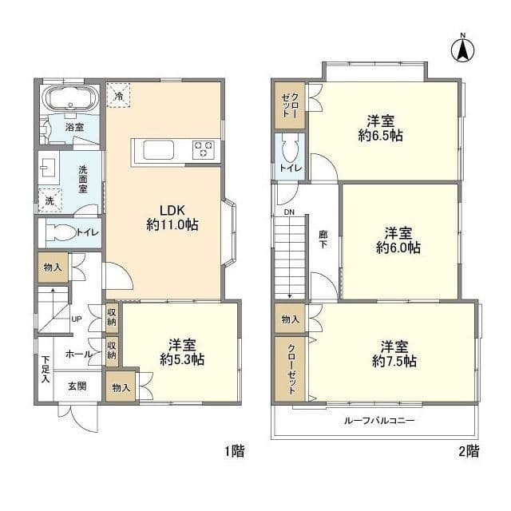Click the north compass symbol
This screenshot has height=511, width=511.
point(462,48)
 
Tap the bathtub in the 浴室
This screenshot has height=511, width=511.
point(70,98)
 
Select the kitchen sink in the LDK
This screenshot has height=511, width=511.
point(159,150)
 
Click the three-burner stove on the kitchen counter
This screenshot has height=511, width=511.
point(204,149)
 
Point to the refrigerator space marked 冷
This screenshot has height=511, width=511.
point(119,95)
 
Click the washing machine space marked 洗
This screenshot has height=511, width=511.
point(50,200)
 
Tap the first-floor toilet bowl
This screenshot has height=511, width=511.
point(60,232)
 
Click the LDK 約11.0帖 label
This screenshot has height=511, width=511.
point(172,217)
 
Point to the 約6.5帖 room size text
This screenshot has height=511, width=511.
point(380,135)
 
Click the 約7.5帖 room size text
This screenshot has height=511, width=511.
point(394,361)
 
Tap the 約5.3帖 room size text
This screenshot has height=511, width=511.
point(182,359)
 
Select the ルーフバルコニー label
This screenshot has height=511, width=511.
point(379,421)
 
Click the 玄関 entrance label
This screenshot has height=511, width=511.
point(77,386)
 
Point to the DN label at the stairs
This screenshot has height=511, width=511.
point(289,212)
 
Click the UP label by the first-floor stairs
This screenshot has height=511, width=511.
point(77,319)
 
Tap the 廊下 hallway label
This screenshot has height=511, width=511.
point(323,239)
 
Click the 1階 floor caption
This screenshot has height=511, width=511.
point(234,451)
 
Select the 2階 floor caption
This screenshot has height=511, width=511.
point(469,451)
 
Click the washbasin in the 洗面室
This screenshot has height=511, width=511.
point(47,168)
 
